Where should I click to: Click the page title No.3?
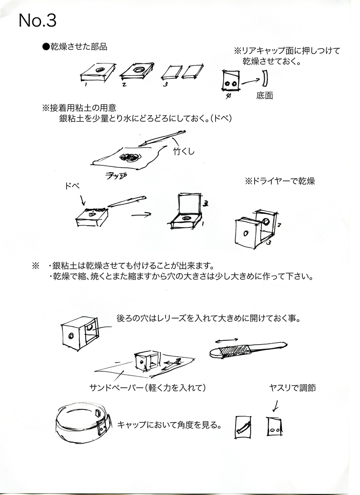[38, 20]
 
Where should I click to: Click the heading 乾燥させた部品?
[75, 47]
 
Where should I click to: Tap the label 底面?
[265, 96]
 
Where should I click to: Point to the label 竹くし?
[183, 152]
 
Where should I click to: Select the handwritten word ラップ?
[116, 176]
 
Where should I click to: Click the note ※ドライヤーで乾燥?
[281, 182]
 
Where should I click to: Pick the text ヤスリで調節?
[293, 388]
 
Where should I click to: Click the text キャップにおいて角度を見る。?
[169, 425]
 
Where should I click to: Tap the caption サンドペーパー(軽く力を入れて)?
[148, 388]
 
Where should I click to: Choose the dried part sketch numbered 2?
[137, 72]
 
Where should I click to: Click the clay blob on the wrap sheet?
[130, 157]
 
